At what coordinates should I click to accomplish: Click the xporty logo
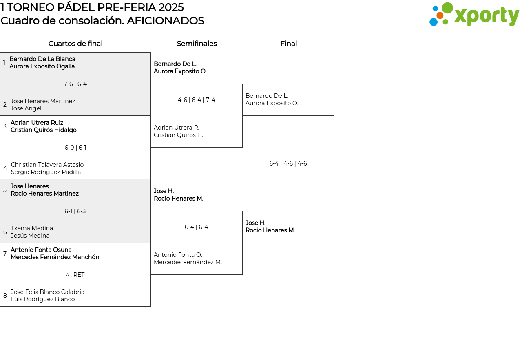(x=474, y=15)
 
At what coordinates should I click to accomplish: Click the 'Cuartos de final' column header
(x=75, y=44)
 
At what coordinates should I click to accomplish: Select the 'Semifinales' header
(x=197, y=44)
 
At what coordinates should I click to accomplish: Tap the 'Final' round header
(x=288, y=44)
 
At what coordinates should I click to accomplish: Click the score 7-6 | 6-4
(x=75, y=84)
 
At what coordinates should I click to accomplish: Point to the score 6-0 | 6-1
(x=75, y=148)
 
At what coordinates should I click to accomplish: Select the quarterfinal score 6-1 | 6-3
(x=75, y=211)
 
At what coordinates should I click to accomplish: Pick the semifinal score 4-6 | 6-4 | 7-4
(x=197, y=100)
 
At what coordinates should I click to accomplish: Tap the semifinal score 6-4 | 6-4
(x=197, y=227)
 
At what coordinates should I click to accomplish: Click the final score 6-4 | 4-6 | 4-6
(x=288, y=163)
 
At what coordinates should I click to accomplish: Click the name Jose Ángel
(x=26, y=108)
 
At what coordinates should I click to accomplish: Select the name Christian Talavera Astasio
(x=47, y=165)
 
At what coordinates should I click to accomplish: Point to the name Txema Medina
(x=32, y=228)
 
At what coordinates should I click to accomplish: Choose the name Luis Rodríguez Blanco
(x=43, y=299)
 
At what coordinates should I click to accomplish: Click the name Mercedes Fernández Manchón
(x=55, y=257)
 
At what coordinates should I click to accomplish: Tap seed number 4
(x=5, y=168)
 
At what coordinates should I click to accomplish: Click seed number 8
(x=5, y=296)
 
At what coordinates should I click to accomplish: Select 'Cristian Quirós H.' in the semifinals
(x=178, y=135)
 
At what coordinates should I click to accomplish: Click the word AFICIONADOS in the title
(x=165, y=21)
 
